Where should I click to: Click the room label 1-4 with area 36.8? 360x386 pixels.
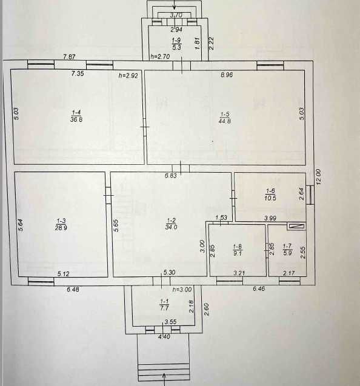76,116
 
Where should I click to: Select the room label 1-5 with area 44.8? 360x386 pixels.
225,118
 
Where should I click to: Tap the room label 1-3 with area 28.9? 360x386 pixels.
61,224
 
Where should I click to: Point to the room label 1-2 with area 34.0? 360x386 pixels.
171,224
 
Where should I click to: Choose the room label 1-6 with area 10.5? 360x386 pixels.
270,195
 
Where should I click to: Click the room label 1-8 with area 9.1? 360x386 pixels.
238,250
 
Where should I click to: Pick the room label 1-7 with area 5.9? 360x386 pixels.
287,250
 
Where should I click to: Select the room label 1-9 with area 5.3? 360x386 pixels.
176,44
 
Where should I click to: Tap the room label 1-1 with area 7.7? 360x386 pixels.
164,305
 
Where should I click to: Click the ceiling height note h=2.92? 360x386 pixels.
128,76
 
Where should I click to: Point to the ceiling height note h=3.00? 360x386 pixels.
182,289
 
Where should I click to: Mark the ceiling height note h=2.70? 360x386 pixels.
160,56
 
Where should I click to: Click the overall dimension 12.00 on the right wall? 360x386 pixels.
318,177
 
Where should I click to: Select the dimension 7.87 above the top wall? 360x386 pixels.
69,57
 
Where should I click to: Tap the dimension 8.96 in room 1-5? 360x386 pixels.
227,75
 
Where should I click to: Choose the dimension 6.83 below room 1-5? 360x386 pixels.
171,176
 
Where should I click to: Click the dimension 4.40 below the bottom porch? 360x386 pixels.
164,336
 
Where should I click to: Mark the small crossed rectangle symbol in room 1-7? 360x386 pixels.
296,227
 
